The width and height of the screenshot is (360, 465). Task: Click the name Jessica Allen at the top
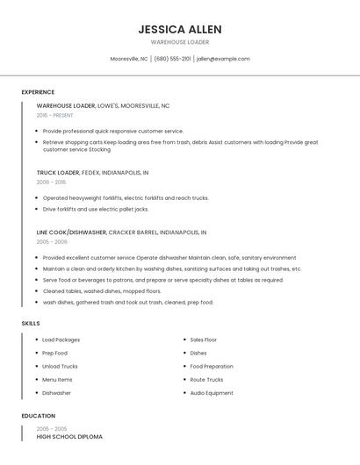(179, 29)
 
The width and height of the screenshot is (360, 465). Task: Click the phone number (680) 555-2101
(172, 59)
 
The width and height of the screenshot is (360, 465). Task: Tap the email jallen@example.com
(223, 59)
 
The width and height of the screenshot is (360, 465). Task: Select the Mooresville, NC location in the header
(129, 59)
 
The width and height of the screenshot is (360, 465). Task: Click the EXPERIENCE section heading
(38, 92)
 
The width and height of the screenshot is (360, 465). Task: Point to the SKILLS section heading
(31, 324)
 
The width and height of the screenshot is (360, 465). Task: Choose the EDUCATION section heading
(39, 416)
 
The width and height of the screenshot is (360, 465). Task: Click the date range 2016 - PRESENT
(54, 115)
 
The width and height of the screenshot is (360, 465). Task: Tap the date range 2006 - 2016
(51, 182)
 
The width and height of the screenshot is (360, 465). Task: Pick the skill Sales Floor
(203, 340)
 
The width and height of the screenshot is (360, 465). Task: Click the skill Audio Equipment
(212, 393)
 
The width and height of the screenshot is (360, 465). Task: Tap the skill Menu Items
(57, 380)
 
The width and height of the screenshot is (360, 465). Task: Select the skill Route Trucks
(206, 380)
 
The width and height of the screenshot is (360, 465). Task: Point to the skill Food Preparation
(212, 367)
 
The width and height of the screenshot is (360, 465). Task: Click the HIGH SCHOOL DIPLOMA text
(69, 436)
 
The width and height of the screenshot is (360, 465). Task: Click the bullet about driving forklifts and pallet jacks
(96, 210)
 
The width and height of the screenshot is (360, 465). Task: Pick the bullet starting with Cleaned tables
(102, 291)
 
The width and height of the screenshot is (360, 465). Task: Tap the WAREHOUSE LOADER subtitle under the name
(179, 42)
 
